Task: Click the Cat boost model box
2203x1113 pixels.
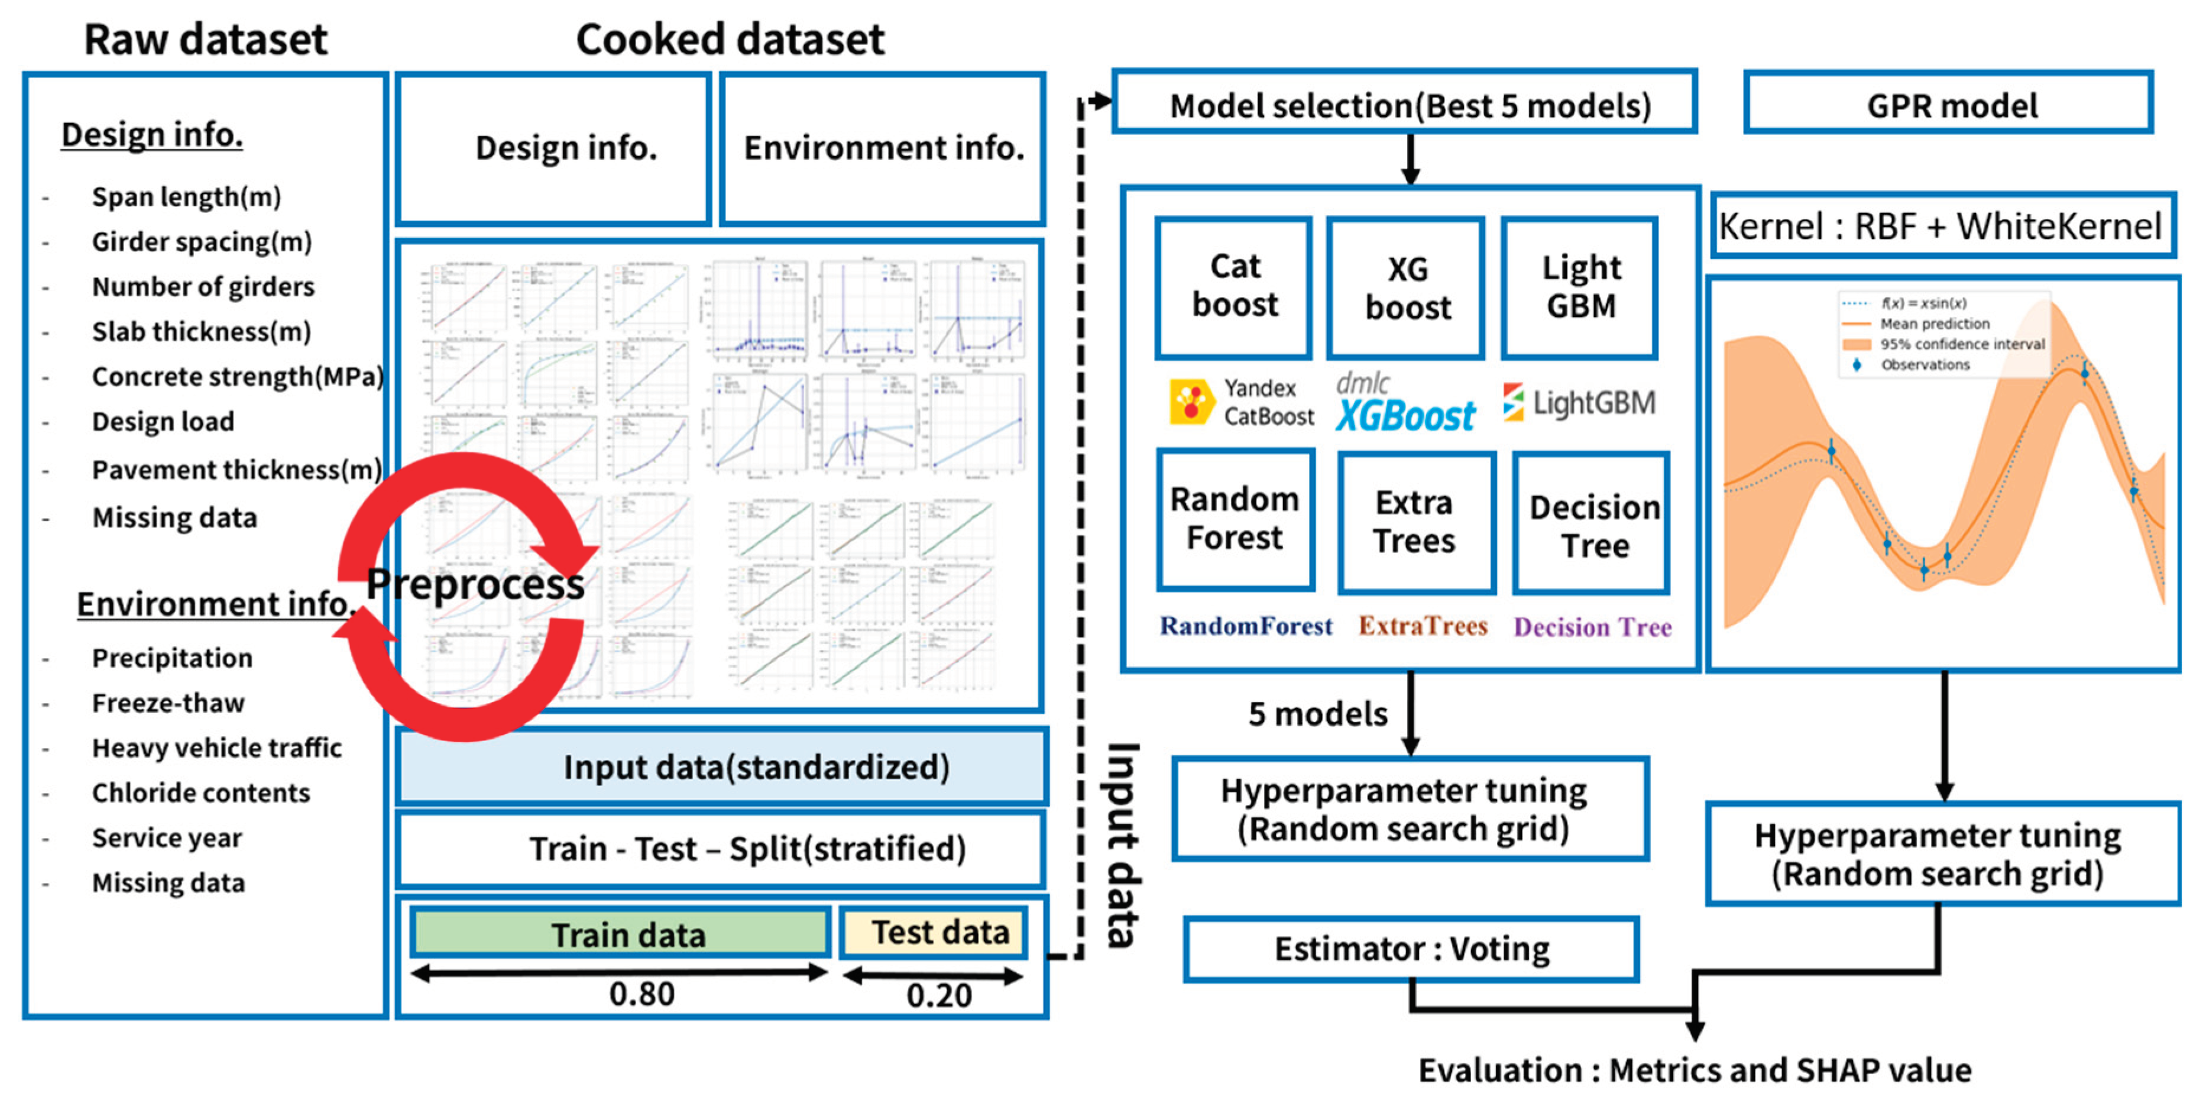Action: tap(1234, 287)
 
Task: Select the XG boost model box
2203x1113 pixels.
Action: tap(1407, 289)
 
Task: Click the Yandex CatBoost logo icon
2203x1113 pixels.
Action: tap(1191, 402)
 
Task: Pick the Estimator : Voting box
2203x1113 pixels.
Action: tap(1411, 949)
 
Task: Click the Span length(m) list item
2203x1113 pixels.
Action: tap(186, 197)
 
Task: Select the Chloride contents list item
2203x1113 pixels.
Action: tap(201, 793)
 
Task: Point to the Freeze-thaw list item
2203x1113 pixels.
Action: tap(169, 703)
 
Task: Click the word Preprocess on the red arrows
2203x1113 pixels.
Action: tap(475, 584)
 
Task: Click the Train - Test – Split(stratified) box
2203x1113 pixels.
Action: tap(723, 849)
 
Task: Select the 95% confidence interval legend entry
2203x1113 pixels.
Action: tap(1961, 344)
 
